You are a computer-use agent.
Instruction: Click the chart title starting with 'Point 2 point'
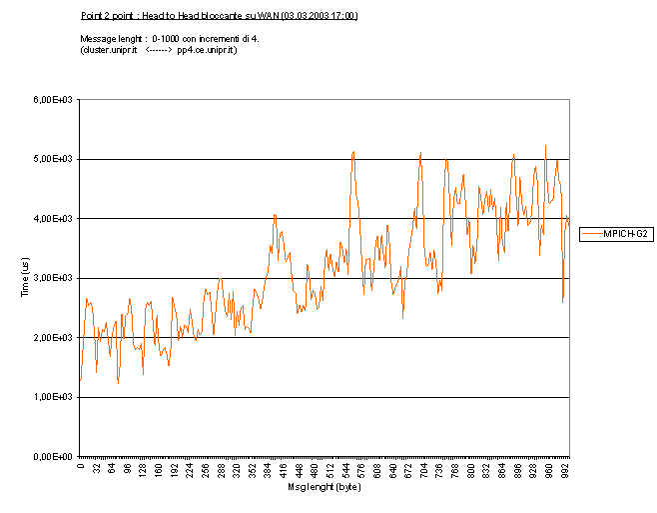(x=219, y=16)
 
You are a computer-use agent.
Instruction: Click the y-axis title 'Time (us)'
(x=25, y=277)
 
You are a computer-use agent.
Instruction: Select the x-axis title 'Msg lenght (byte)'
(x=325, y=487)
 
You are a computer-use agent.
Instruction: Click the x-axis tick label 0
(x=80, y=466)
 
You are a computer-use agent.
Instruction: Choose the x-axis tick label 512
(x=331, y=470)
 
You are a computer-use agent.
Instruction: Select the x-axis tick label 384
(x=269, y=470)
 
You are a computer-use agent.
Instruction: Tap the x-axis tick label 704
(x=425, y=470)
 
